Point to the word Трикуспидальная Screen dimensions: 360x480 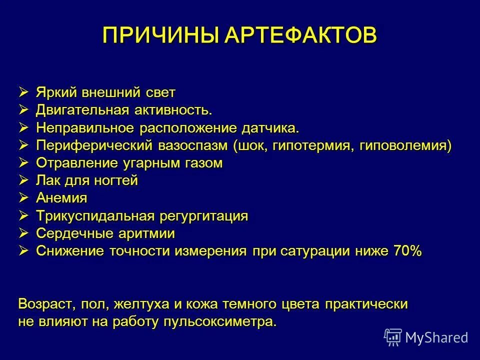click(x=95, y=216)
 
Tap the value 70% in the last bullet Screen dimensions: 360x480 click(x=408, y=251)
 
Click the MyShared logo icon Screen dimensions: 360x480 click(x=393, y=337)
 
